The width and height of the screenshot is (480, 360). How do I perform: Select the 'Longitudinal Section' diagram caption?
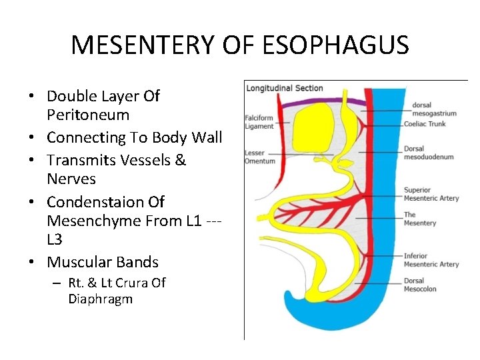click(285, 88)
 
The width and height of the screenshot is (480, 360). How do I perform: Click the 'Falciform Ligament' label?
click(260, 123)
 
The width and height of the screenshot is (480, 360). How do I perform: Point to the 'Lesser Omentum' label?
click(259, 157)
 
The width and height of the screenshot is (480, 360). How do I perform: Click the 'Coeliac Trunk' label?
click(425, 124)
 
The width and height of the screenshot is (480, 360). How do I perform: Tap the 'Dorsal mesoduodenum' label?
click(429, 153)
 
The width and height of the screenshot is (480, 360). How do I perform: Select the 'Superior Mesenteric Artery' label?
click(431, 194)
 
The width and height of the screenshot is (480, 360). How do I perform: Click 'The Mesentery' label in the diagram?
click(420, 219)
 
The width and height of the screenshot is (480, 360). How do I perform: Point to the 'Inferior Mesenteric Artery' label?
click(431, 260)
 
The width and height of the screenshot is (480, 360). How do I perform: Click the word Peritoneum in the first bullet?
click(88, 115)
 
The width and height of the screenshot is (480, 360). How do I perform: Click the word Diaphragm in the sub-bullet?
click(100, 299)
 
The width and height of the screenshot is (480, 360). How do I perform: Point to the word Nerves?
click(71, 179)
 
